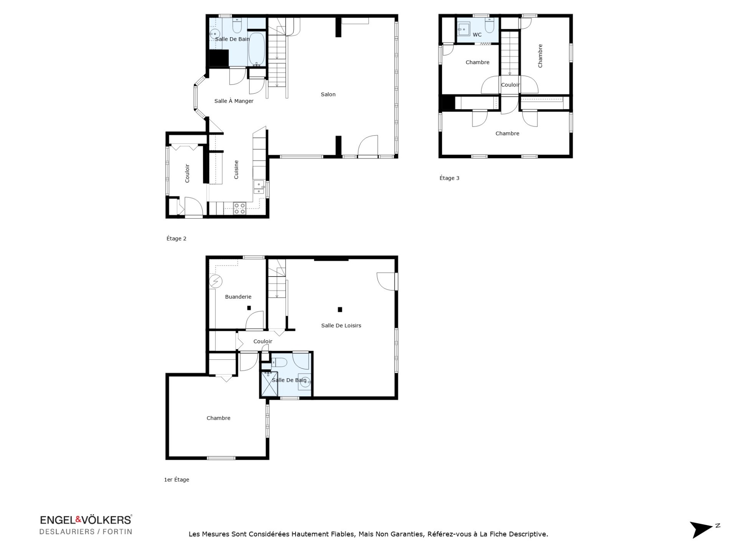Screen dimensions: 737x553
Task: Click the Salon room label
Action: [x=328, y=94]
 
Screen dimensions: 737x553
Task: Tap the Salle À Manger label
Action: [x=234, y=101]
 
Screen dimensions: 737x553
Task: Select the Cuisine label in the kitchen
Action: [x=236, y=169]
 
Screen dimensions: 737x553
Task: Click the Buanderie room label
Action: [x=238, y=297]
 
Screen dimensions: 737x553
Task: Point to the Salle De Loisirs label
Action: [x=341, y=326]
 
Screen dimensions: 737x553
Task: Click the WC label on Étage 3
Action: [x=477, y=35]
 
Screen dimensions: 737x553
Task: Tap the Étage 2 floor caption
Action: [x=176, y=238]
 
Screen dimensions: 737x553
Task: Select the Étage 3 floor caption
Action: [x=449, y=178]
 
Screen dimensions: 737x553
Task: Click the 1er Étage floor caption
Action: [x=177, y=480]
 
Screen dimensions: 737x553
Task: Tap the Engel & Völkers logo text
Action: [x=86, y=520]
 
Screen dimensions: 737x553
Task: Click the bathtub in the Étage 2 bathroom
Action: [x=256, y=49]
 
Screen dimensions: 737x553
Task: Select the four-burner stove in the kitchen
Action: [x=240, y=208]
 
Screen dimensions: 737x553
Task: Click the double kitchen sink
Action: [x=259, y=187]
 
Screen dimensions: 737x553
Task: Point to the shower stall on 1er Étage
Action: [x=269, y=384]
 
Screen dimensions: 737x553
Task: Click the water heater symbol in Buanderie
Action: [x=216, y=281]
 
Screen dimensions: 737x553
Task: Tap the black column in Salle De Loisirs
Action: [x=340, y=310]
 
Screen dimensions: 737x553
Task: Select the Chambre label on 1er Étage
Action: [x=218, y=418]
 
